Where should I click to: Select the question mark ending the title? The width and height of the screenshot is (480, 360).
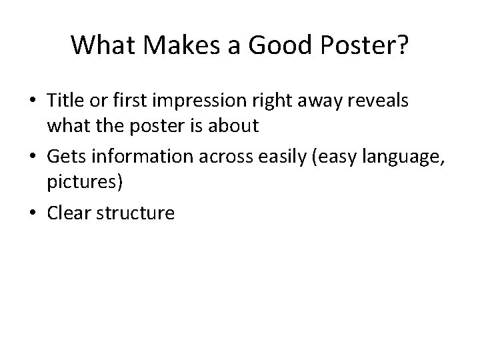(404, 45)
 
